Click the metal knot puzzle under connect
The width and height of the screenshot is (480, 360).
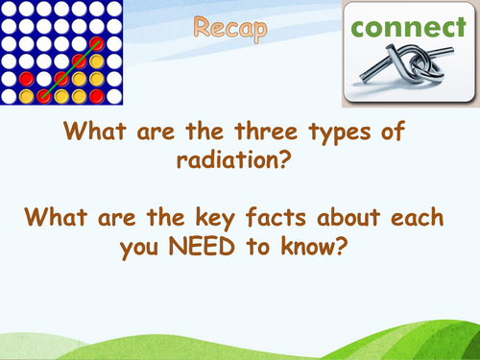408,75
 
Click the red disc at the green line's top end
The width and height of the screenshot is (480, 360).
96,44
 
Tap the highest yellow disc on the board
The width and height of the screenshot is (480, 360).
96,61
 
